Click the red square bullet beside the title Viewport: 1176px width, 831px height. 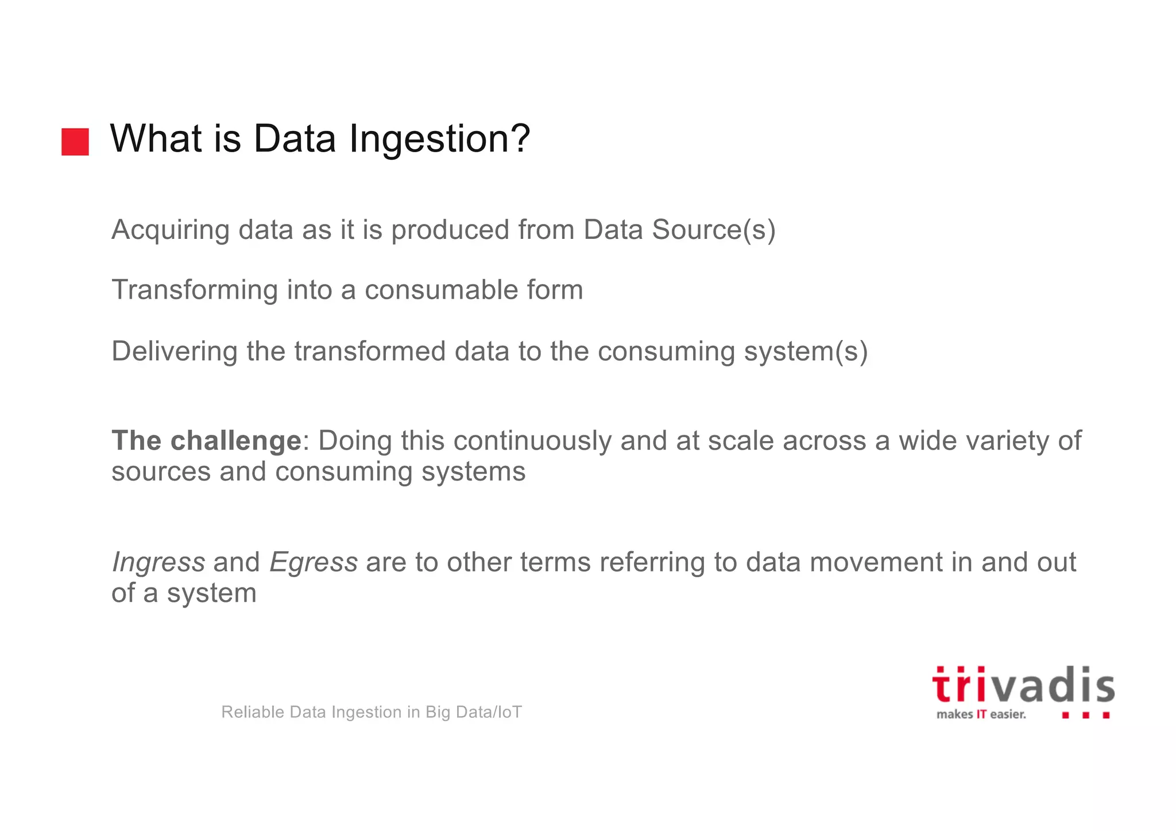click(x=75, y=141)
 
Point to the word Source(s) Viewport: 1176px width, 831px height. click(x=714, y=230)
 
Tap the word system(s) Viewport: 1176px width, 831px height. click(x=806, y=351)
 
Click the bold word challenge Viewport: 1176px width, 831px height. click(x=236, y=441)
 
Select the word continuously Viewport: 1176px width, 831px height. click(x=532, y=441)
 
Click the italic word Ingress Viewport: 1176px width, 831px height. click(x=158, y=562)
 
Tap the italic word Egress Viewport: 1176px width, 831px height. click(x=314, y=562)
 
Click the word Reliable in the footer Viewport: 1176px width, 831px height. click(x=252, y=712)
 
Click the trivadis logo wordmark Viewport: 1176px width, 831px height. click(x=1023, y=686)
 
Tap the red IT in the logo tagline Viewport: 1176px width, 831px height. click(x=981, y=714)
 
